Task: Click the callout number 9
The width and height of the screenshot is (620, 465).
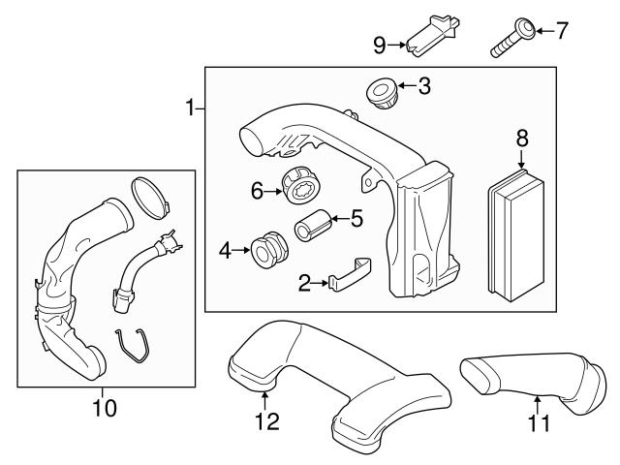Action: [x=380, y=43]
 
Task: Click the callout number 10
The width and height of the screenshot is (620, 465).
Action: [x=104, y=408]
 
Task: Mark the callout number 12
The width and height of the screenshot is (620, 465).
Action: [x=266, y=421]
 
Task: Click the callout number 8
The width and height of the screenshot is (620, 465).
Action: [x=522, y=139]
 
